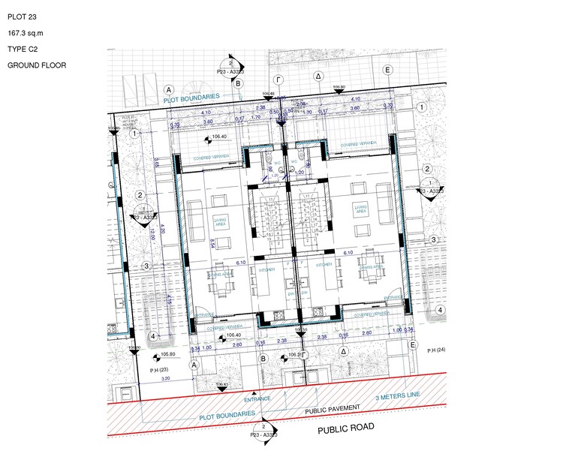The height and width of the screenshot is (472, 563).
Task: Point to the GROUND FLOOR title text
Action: pos(37,65)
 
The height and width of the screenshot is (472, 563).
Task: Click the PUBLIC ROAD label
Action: pos(345,428)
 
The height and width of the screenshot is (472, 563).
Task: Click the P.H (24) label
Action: pos(437,350)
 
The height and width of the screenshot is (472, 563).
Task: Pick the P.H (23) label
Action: pos(156,370)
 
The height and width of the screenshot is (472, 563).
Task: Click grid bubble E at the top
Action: pos(388,71)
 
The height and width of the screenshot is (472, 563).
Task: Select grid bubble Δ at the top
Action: pos(318,77)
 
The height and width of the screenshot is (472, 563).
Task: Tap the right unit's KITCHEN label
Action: pos(324,265)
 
